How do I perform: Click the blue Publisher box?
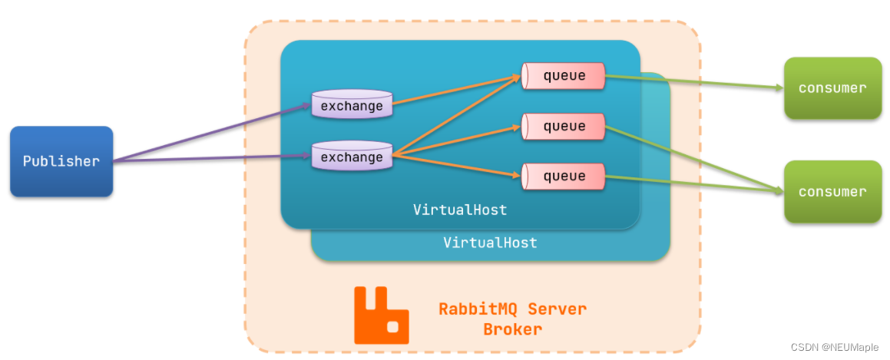coord(61,161)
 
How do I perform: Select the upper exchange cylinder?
coord(352,105)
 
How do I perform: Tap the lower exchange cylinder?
coord(352,157)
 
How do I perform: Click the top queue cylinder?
coord(564,76)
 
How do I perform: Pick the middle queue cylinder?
coord(564,126)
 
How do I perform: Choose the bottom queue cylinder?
coord(564,176)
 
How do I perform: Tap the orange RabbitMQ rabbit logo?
coord(381,315)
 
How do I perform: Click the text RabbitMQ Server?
coord(512,309)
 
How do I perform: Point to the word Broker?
coord(512,329)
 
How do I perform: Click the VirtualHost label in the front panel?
coord(460,210)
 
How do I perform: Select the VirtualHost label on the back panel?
coord(490,243)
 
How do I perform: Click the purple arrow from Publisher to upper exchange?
coord(211,134)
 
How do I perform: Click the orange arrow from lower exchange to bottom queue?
coord(453,166)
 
